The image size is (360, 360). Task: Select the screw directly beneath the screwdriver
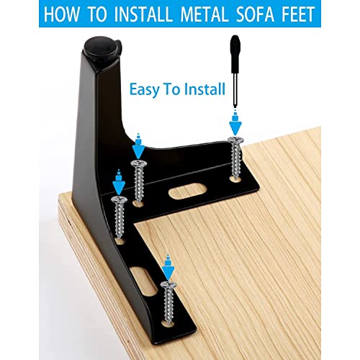coord(235,155)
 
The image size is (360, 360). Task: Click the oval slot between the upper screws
coord(186,192)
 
